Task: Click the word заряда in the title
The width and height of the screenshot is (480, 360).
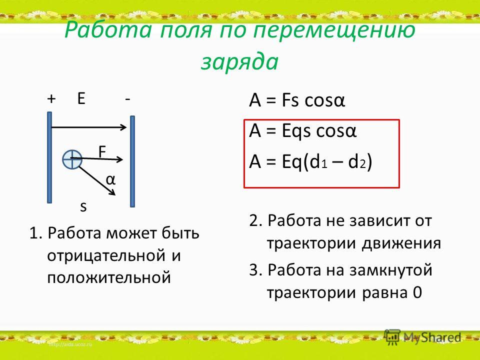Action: (x=239, y=62)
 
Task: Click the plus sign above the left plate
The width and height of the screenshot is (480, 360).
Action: (x=51, y=99)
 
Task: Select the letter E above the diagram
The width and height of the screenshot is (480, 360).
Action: (x=81, y=98)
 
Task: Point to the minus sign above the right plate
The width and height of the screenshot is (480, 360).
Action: (x=127, y=99)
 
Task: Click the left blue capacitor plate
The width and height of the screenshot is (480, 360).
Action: (x=49, y=157)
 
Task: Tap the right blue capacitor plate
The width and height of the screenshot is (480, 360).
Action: (x=132, y=161)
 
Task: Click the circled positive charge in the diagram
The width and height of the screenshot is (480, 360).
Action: (x=72, y=159)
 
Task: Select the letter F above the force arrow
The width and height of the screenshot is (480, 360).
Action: (x=102, y=151)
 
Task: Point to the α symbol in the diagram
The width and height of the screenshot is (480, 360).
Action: (x=110, y=180)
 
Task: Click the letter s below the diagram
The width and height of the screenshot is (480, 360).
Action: (x=83, y=207)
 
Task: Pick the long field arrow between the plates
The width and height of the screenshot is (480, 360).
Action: (x=89, y=127)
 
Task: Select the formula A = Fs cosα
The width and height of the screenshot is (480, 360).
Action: (x=297, y=100)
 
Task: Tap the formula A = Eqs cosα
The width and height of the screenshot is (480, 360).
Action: (x=303, y=130)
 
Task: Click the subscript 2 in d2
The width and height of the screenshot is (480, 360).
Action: (x=363, y=164)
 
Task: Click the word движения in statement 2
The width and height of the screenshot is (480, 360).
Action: (x=401, y=243)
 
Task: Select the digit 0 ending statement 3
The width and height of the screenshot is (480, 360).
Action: (x=417, y=292)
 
